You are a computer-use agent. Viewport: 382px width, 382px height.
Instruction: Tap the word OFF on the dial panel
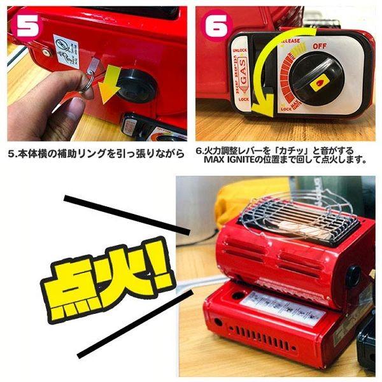pyautogui.click(x=320, y=46)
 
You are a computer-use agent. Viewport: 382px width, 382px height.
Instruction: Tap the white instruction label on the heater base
pyautogui.click(x=283, y=306)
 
